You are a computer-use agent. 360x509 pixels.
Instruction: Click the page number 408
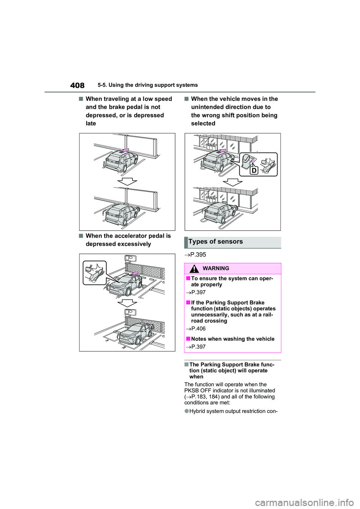click(x=77, y=85)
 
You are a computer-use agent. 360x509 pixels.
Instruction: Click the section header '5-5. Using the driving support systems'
click(x=148, y=85)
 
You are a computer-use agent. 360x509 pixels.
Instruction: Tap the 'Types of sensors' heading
click(x=216, y=242)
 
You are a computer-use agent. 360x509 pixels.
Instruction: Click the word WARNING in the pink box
click(x=216, y=268)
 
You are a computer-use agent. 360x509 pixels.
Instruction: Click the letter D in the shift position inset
click(x=254, y=170)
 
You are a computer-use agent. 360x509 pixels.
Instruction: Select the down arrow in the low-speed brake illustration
click(x=127, y=181)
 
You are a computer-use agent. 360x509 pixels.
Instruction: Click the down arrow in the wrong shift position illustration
click(x=232, y=182)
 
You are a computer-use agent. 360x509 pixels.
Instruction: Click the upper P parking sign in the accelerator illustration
click(x=130, y=259)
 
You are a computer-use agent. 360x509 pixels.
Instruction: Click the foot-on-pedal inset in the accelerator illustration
click(x=95, y=272)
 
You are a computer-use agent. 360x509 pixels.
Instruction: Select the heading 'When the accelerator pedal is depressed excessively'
click(x=128, y=240)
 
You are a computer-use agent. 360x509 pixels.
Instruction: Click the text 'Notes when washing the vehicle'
click(x=232, y=339)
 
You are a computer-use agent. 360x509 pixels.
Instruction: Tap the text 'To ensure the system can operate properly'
click(x=232, y=281)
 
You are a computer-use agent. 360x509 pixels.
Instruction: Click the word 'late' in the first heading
click(x=91, y=123)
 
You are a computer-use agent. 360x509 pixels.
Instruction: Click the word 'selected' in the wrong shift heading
click(x=203, y=123)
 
